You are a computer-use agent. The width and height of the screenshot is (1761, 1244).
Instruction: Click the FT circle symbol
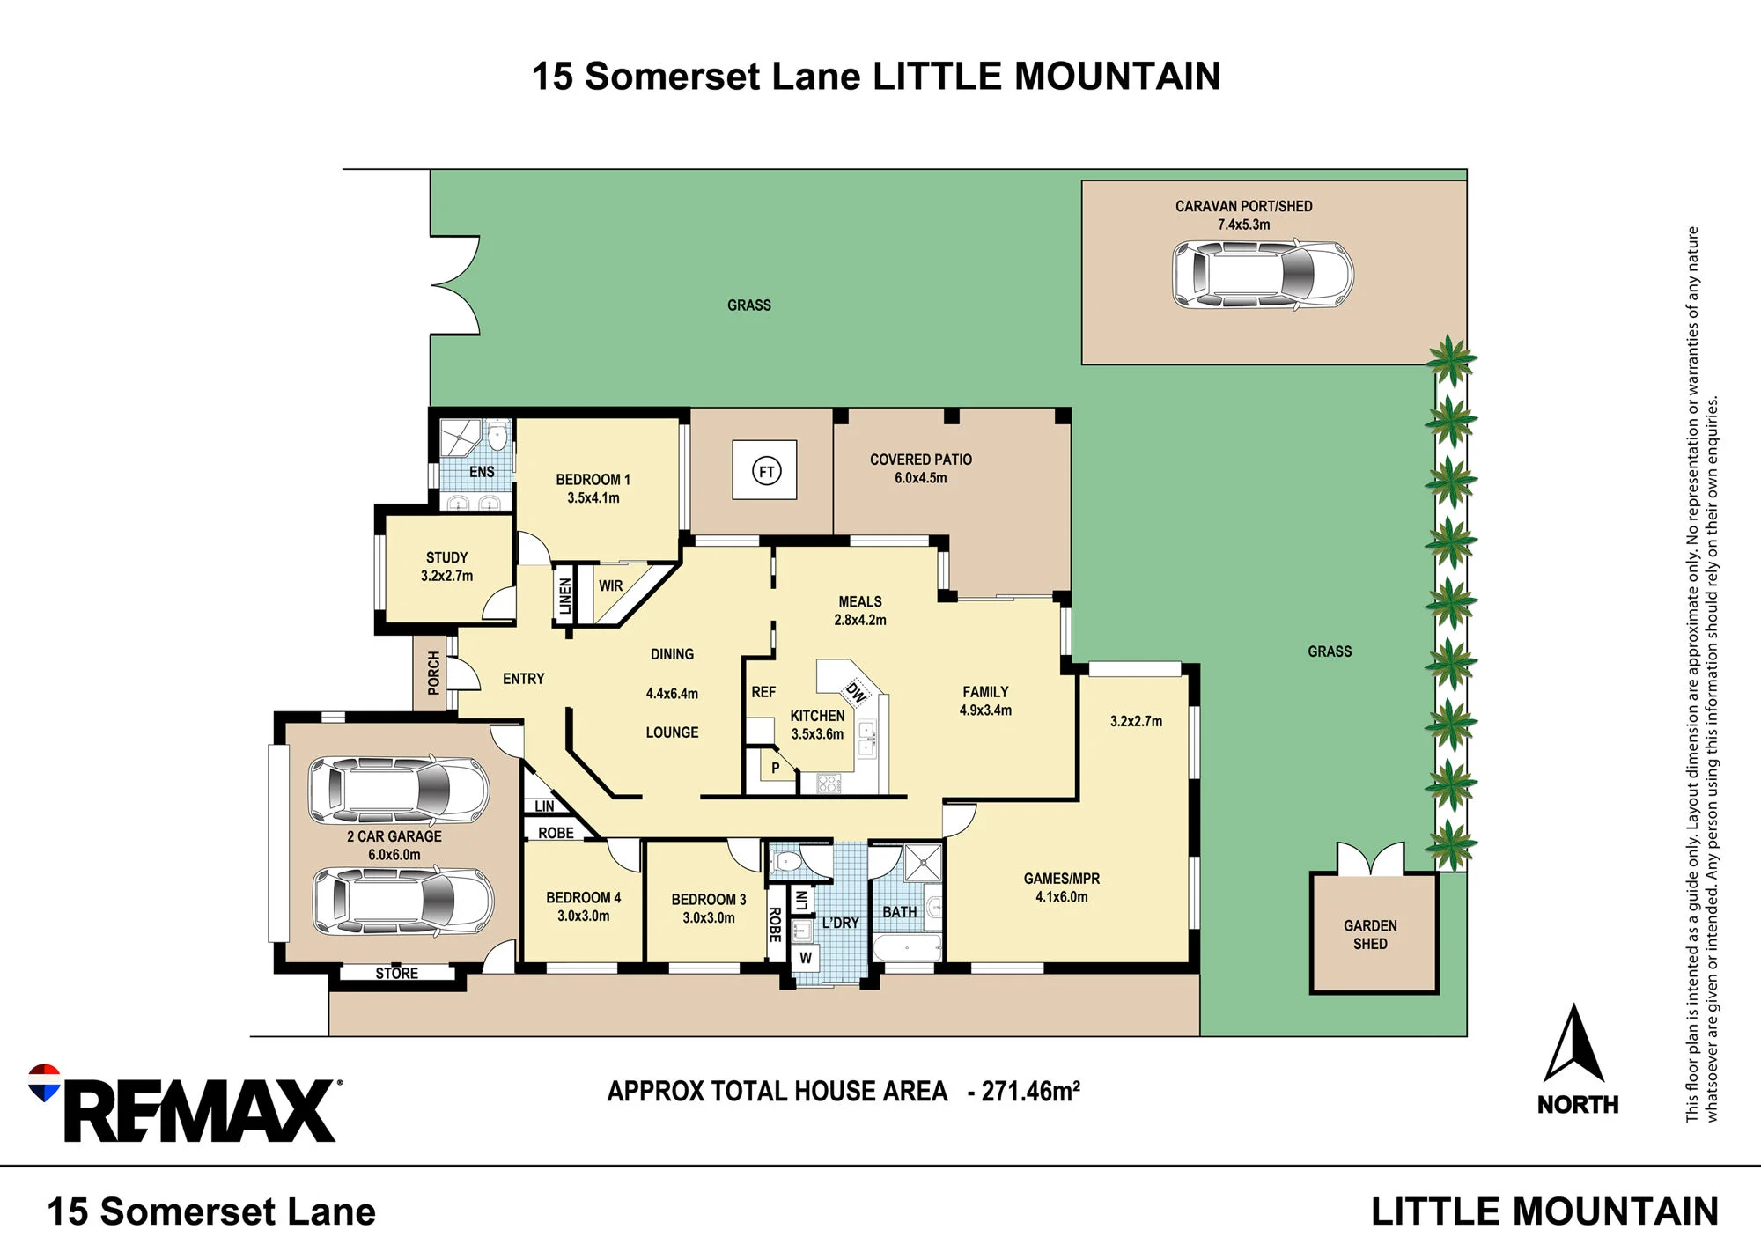766,471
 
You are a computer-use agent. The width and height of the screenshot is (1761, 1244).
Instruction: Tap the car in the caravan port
1263,274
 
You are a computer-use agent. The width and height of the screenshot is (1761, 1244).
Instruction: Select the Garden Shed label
1370,934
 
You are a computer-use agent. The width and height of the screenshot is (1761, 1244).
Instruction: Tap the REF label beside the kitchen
763,692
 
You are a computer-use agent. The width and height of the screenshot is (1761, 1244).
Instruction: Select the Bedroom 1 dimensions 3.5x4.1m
593,498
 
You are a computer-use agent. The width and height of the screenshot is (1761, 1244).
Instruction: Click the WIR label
610,585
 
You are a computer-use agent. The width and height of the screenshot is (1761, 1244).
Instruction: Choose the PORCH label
433,673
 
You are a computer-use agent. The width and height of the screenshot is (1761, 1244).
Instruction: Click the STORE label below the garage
396,973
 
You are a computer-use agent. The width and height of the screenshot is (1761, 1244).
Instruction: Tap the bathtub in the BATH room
907,947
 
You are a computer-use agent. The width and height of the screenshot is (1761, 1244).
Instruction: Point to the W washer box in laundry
806,958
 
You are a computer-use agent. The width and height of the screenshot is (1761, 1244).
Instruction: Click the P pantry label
775,768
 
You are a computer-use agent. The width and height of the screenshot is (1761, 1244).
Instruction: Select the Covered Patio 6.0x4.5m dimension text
921,478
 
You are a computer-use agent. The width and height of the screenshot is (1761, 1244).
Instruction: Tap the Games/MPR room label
1061,879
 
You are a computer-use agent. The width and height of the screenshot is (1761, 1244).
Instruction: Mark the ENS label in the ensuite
482,472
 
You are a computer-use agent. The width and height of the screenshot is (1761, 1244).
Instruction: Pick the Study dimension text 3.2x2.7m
446,576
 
